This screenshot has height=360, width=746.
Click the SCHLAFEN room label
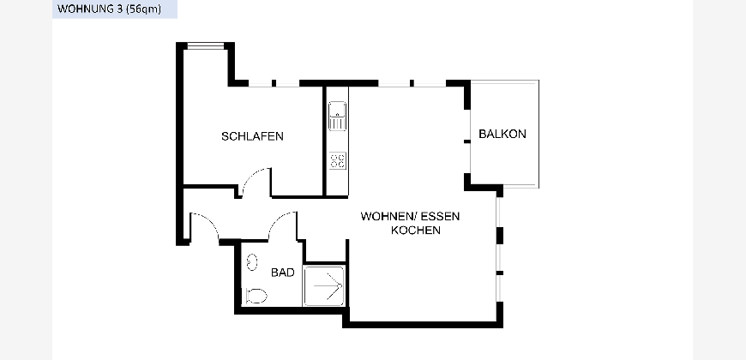[252, 136]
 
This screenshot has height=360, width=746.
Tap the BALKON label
[502, 134]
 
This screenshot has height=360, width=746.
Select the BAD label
[283, 273]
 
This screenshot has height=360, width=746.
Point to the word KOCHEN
[415, 231]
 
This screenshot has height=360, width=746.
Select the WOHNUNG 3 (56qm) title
[109, 9]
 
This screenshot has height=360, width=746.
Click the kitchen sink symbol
[337, 116]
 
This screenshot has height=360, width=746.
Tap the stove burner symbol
[337, 160]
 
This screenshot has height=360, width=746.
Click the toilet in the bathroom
[256, 296]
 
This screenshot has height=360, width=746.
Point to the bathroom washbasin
[252, 262]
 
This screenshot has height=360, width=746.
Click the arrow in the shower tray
[328, 286]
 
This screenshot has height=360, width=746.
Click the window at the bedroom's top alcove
[205, 46]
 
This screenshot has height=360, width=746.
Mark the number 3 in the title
[118, 9]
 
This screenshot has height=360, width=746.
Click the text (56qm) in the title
[143, 9]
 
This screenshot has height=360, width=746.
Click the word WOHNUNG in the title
[85, 9]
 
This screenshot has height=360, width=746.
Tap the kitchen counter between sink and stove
[337, 141]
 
